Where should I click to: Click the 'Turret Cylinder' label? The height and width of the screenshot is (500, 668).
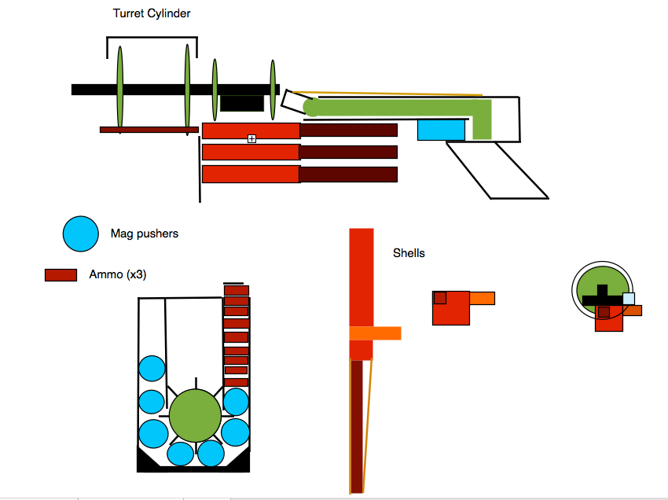click(x=152, y=13)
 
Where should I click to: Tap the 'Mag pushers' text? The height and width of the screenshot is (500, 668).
click(x=145, y=233)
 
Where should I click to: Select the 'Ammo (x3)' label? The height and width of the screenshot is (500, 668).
click(x=118, y=274)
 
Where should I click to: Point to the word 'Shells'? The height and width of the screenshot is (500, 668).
click(x=409, y=253)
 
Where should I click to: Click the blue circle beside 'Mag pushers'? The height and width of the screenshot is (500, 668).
click(x=80, y=233)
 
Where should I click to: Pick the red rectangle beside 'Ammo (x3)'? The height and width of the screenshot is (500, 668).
click(x=61, y=275)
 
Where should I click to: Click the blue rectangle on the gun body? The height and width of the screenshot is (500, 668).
click(x=441, y=130)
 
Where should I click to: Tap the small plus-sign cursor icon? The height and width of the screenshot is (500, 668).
click(x=251, y=138)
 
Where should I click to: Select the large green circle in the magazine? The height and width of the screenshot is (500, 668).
click(x=195, y=415)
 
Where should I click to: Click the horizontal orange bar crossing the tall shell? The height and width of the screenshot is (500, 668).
click(x=376, y=333)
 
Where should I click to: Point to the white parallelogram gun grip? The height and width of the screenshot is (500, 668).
click(x=497, y=170)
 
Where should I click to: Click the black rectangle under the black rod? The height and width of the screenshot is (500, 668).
click(x=242, y=103)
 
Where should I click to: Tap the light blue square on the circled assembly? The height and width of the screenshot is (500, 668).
click(x=629, y=299)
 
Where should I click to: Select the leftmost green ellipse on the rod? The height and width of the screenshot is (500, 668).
click(x=120, y=90)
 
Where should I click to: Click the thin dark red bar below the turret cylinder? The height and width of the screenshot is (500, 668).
click(x=149, y=130)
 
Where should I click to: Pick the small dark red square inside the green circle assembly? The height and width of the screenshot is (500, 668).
click(x=604, y=312)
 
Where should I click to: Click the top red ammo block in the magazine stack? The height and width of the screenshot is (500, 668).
click(x=237, y=290)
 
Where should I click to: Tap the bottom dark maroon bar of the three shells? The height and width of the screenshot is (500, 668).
click(x=348, y=175)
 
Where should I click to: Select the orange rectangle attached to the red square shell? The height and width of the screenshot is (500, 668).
click(x=483, y=298)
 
